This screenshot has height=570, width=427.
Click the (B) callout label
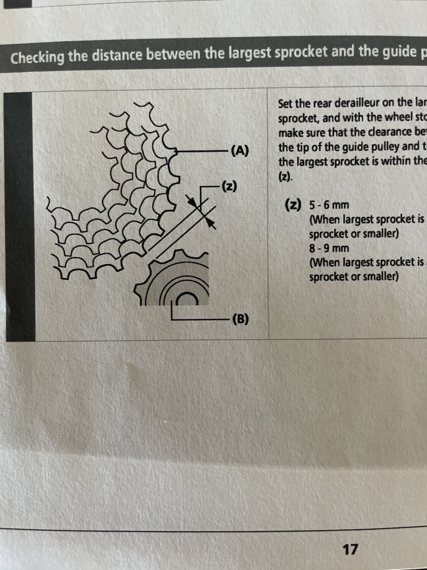pos(240,319)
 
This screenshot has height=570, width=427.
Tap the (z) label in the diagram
pos(229,186)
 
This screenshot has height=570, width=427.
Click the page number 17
pos(350,549)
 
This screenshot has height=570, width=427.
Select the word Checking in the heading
pos(37,58)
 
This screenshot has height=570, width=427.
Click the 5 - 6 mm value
pos(329,205)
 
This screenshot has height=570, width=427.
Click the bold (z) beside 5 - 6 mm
pos(293,205)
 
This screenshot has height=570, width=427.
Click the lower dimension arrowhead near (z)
pos(211,223)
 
